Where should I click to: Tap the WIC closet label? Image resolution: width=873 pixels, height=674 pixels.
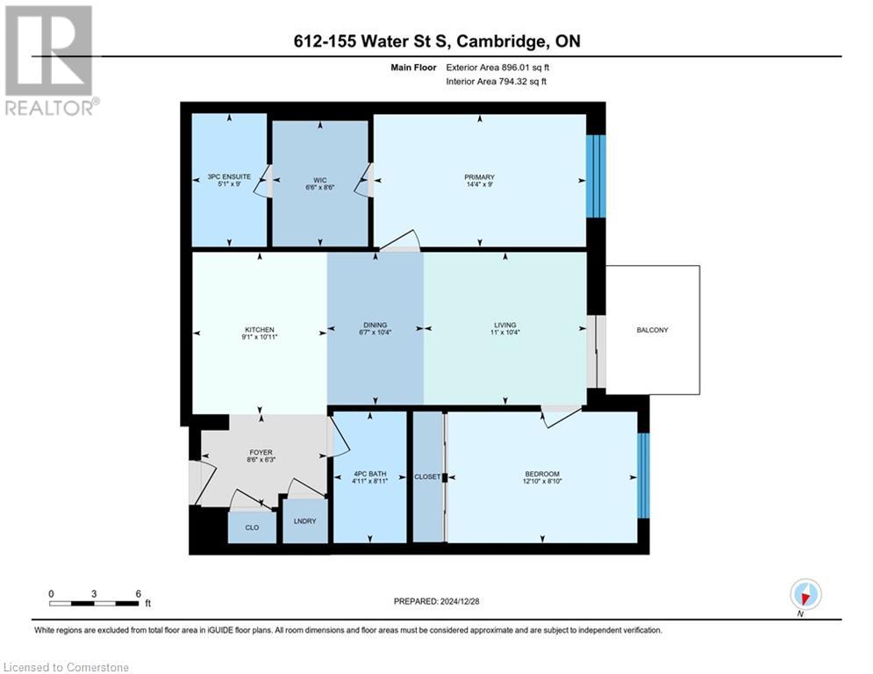pyautogui.click(x=319, y=176)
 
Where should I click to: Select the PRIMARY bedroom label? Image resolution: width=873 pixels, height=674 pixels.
pyautogui.click(x=480, y=177)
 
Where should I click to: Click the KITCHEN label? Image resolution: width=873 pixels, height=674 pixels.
pyautogui.click(x=260, y=329)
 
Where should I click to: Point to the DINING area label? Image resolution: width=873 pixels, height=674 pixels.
pyautogui.click(x=375, y=325)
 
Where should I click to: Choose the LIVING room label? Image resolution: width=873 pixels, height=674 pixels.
pyautogui.click(x=504, y=325)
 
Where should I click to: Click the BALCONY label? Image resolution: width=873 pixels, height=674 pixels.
pyautogui.click(x=653, y=330)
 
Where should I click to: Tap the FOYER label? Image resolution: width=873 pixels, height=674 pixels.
pyautogui.click(x=261, y=453)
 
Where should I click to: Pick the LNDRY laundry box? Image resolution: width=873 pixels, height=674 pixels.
pyautogui.click(x=305, y=521)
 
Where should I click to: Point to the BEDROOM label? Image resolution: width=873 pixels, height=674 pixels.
pyautogui.click(x=541, y=475)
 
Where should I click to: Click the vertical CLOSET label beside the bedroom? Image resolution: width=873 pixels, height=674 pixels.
pyautogui.click(x=427, y=476)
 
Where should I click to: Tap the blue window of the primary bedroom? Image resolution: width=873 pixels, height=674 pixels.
pyautogui.click(x=596, y=176)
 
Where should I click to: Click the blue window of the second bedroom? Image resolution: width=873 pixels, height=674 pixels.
pyautogui.click(x=643, y=475)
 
